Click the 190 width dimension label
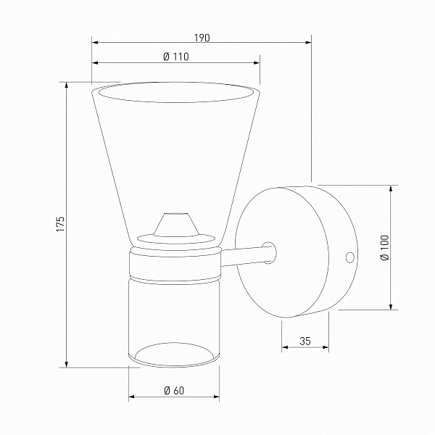[202, 38]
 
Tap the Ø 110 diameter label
[176, 57]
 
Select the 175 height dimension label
[60, 224]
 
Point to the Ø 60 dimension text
[174, 390]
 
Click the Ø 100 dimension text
[385, 247]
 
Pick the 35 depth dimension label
[305, 341]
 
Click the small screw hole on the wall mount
[350, 257]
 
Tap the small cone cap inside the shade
[176, 225]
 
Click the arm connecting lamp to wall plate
[248, 256]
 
